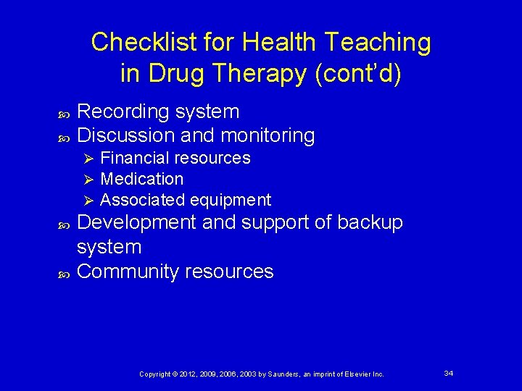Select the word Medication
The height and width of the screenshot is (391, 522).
[142, 179]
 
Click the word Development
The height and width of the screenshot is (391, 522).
[137, 222]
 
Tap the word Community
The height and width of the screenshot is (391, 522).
[128, 272]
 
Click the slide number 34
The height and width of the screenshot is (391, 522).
[449, 373]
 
